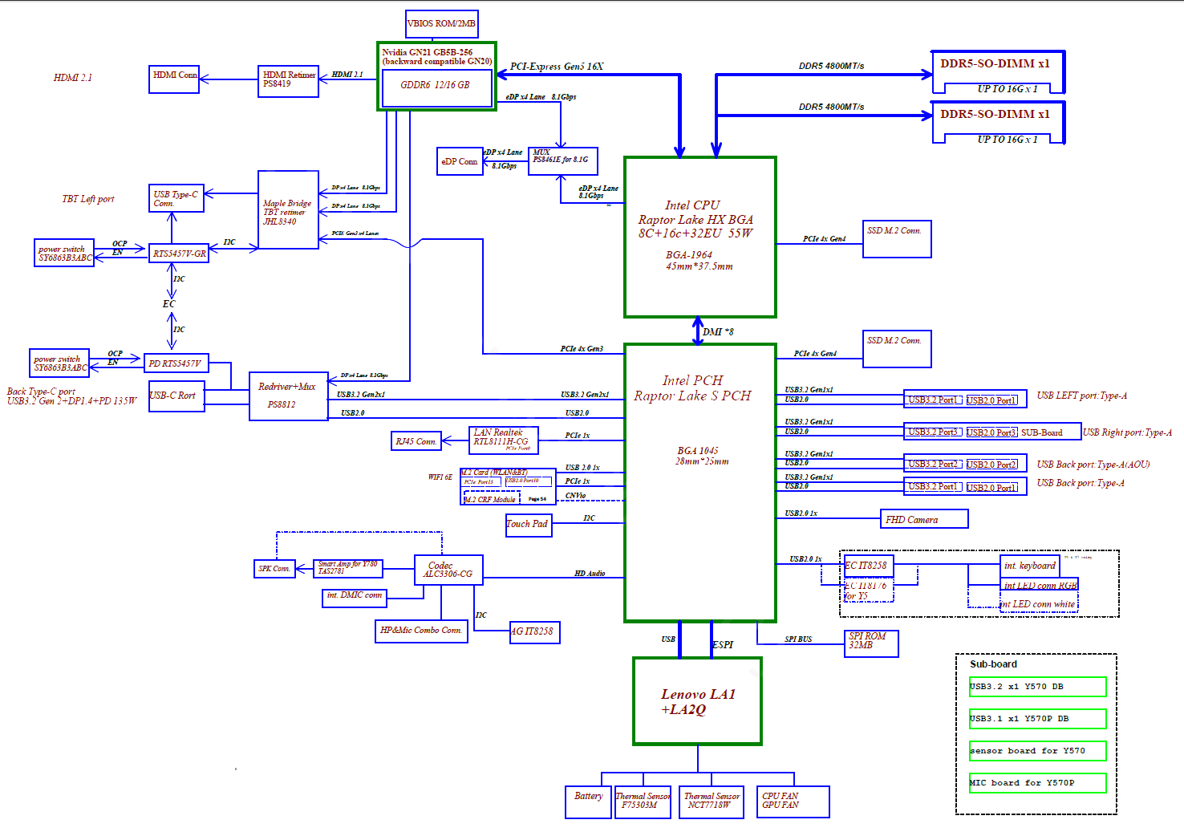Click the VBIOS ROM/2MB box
click(441, 24)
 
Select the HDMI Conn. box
click(174, 79)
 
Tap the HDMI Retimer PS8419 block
click(288, 81)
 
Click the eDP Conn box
click(459, 161)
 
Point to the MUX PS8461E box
click(562, 160)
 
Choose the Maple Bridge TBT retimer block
click(288, 209)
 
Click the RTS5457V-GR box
click(179, 254)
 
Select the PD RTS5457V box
click(176, 363)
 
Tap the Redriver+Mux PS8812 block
click(288, 396)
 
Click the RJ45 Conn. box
click(415, 441)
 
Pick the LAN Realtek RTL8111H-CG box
click(503, 440)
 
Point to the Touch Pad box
click(528, 525)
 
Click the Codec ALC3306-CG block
click(448, 570)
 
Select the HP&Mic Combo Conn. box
click(421, 631)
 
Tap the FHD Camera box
click(923, 519)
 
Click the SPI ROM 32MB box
click(871, 643)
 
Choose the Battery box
click(588, 801)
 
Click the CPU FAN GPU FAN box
click(793, 801)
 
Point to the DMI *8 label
click(718, 331)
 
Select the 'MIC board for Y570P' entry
click(1037, 783)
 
